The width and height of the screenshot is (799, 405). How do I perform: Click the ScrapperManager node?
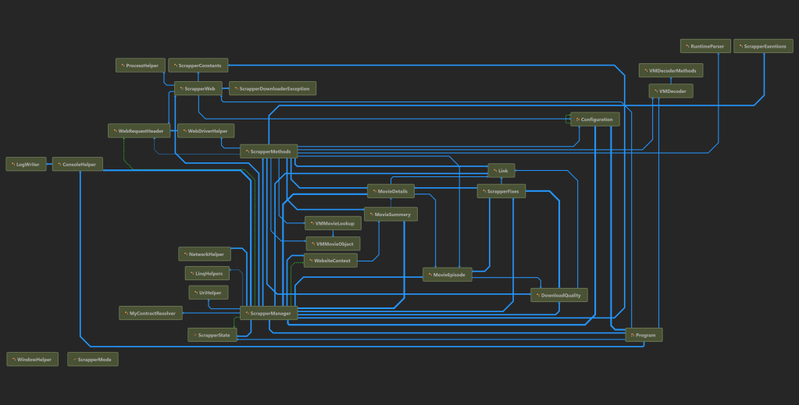269,313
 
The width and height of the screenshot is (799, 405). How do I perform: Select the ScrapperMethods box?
269,151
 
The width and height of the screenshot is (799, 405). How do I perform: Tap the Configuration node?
596,119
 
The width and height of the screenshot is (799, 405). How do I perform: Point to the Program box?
644,335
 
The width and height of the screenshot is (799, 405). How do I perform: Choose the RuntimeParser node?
705,47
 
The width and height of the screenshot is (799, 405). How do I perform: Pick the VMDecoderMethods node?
671,70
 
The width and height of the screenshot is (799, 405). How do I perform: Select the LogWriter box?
26,164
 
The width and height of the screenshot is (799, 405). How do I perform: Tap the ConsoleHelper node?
77,164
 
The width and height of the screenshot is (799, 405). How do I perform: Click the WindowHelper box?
32,360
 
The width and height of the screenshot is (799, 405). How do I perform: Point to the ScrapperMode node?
93,360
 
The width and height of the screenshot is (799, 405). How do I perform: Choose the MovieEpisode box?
448,275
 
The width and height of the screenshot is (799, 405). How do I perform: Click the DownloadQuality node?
558,295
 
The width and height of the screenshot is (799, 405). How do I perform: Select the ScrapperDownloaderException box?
273,88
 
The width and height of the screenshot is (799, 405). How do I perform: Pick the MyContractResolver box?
150,313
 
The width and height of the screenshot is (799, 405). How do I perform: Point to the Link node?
501,170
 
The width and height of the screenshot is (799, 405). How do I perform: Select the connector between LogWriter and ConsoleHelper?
49,164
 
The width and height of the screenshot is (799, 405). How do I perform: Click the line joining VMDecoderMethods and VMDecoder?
671,80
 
